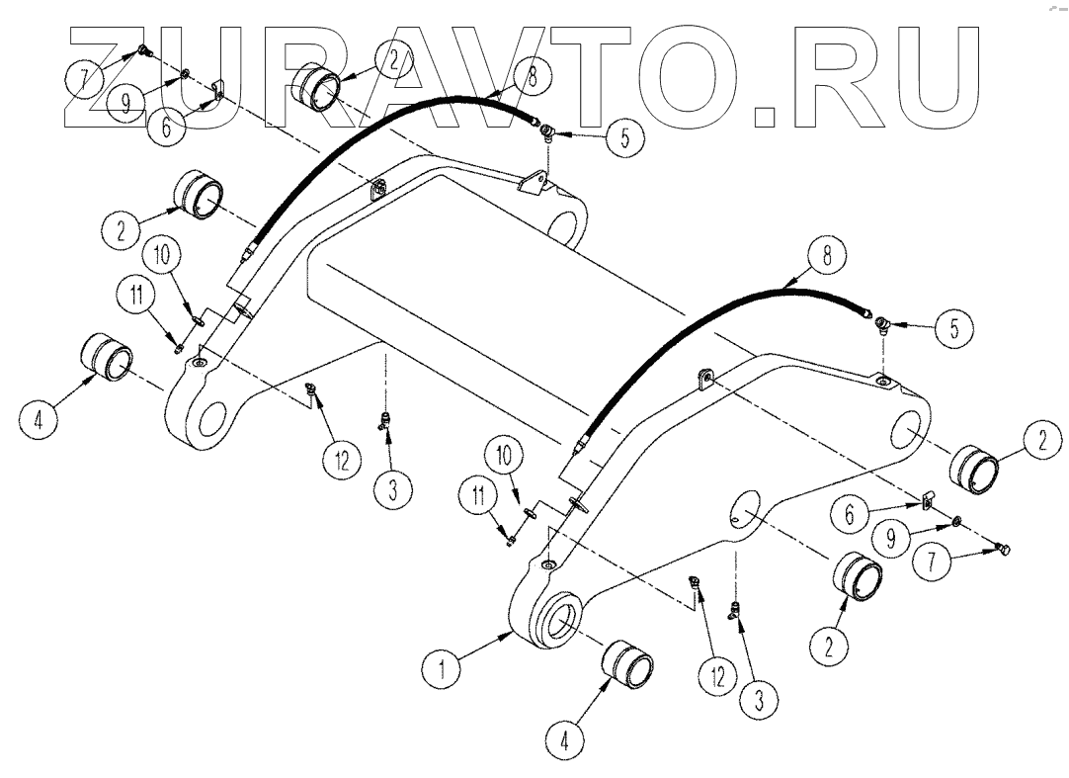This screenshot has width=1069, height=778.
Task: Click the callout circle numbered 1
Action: click(x=444, y=669)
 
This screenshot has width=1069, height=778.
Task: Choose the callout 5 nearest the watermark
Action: click(x=622, y=138)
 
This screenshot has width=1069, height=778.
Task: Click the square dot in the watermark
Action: click(x=764, y=118)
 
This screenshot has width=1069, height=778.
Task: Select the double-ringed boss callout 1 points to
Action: click(x=561, y=624)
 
